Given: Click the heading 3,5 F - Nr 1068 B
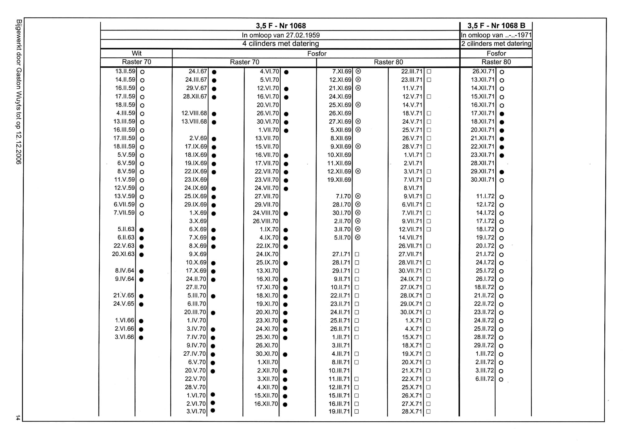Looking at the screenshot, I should (496, 26).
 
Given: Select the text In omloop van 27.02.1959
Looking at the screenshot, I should (281, 35).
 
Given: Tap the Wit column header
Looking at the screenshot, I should (136, 53).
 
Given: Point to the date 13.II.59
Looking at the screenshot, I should (125, 71).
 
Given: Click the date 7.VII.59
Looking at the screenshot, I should (124, 213).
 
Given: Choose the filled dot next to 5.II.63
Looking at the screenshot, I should (141, 230).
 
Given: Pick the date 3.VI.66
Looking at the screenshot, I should (124, 337).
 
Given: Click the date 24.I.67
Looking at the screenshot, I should (197, 71).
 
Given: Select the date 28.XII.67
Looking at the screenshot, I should (195, 97).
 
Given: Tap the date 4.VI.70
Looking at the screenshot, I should (269, 71).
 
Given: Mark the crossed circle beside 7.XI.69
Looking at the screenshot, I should (358, 71).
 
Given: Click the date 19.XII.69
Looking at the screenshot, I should (339, 180).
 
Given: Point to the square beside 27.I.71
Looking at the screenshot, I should (357, 254).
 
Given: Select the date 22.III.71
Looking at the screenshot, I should (411, 71).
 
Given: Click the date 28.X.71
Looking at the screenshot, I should (411, 411).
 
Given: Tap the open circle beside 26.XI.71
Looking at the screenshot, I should (502, 72).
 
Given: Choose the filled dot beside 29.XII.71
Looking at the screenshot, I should (502, 172).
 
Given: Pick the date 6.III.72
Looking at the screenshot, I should (485, 379).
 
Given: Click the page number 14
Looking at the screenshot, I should (18, 418).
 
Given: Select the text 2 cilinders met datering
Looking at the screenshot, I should (496, 44).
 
